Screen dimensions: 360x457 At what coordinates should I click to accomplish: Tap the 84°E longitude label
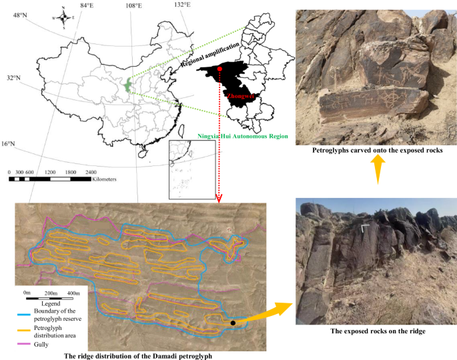87,6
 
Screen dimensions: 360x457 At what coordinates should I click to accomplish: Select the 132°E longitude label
181,5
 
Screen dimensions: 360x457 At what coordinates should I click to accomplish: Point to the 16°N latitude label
10,144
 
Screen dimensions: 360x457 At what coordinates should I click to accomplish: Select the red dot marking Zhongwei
219,69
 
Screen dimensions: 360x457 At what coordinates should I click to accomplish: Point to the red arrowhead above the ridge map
219,198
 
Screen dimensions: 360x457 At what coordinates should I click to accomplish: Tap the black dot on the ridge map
233,323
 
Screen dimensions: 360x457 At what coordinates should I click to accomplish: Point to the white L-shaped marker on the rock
364,228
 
